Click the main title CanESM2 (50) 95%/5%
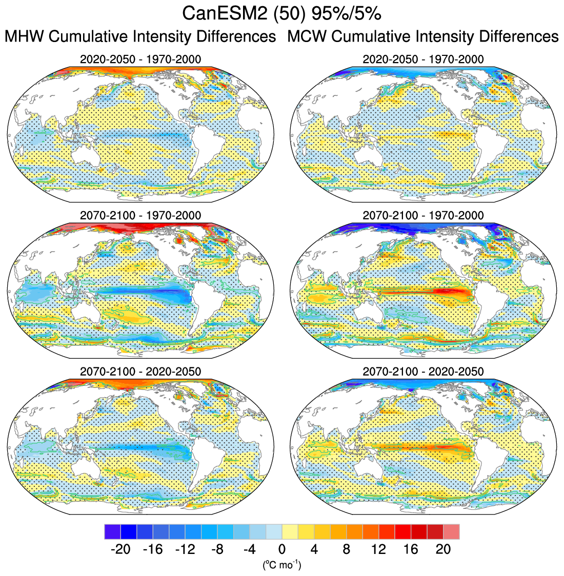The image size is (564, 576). pyautogui.click(x=281, y=14)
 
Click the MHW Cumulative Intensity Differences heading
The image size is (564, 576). pyautogui.click(x=140, y=37)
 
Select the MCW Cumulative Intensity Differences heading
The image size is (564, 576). pyautogui.click(x=423, y=37)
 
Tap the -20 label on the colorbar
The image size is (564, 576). pyautogui.click(x=120, y=549)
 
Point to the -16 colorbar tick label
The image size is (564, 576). pyautogui.click(x=153, y=549)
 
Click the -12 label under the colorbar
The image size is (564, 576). pyautogui.click(x=185, y=549)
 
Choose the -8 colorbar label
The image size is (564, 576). pyautogui.click(x=217, y=549)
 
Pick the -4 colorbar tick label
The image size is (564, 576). pyautogui.click(x=250, y=549)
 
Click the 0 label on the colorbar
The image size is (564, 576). pyautogui.click(x=282, y=549)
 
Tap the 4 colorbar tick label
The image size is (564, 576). pyautogui.click(x=314, y=549)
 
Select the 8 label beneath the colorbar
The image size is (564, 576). pyautogui.click(x=347, y=549)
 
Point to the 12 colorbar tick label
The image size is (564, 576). pyautogui.click(x=379, y=549)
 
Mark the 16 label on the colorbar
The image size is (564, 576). pyautogui.click(x=411, y=549)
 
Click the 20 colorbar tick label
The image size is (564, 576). pyautogui.click(x=444, y=549)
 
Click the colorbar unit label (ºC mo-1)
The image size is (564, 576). pyautogui.click(x=282, y=565)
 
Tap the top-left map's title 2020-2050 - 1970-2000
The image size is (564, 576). pyautogui.click(x=140, y=59)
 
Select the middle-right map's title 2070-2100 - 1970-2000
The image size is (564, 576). pyautogui.click(x=423, y=215)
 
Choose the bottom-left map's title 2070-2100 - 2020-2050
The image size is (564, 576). pyautogui.click(x=140, y=371)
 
